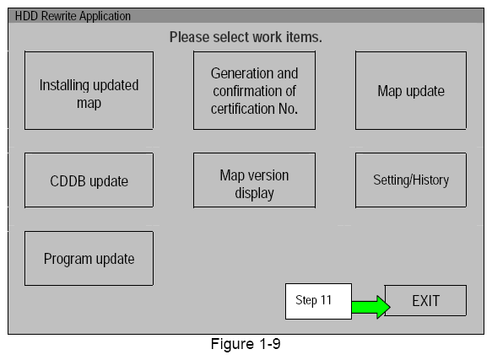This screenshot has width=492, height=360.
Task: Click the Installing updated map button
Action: pos(89,90)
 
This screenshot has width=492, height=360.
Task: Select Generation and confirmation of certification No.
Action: pos(254,90)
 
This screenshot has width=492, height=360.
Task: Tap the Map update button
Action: pos(410,90)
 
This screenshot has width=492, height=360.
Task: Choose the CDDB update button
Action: pos(89,180)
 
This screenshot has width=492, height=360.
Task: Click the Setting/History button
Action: pos(410,180)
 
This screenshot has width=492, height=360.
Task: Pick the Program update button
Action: pos(89,259)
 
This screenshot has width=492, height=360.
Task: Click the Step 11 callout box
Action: pos(318,302)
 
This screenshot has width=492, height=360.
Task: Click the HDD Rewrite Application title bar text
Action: pos(73,16)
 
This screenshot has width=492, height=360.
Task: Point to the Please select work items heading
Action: pos(246,37)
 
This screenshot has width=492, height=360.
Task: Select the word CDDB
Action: pos(68,180)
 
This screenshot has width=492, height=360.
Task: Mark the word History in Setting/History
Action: pos(430,180)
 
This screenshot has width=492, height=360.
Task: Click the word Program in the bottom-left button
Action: pos(68,259)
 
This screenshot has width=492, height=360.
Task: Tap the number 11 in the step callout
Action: pos(326,302)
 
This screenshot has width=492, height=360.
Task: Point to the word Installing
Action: pos(67,85)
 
